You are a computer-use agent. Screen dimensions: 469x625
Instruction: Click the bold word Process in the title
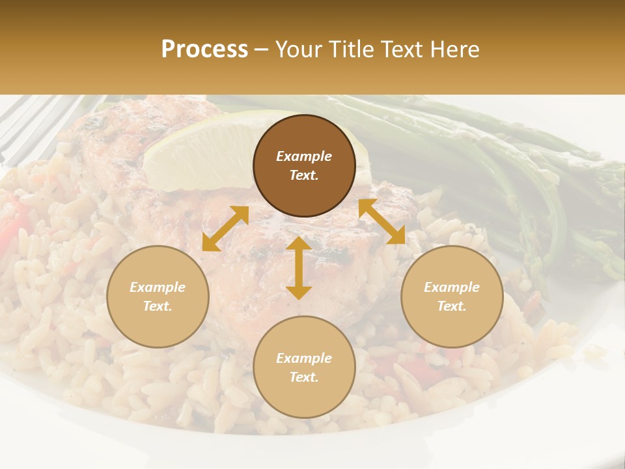click(x=204, y=50)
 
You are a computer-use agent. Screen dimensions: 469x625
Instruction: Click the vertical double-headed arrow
click(x=299, y=268)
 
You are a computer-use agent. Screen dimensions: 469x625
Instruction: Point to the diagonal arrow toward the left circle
click(x=225, y=229)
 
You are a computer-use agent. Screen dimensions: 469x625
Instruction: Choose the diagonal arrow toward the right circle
click(x=382, y=221)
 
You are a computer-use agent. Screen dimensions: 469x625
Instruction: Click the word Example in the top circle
click(x=304, y=156)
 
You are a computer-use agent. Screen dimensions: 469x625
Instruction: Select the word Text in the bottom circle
click(x=304, y=377)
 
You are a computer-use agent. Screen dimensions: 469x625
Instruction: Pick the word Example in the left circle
click(x=158, y=287)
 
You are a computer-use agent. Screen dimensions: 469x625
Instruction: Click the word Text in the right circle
click(x=452, y=306)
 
